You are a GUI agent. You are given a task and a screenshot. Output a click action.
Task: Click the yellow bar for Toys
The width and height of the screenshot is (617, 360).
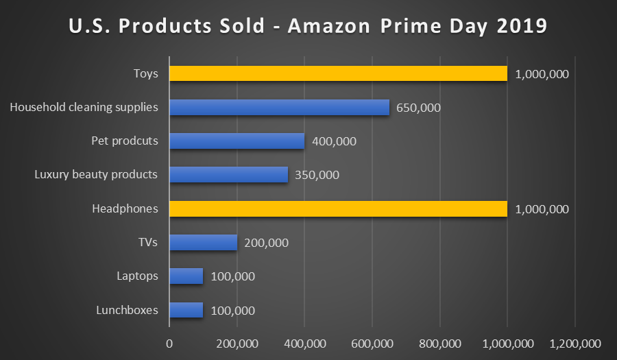(x=338, y=73)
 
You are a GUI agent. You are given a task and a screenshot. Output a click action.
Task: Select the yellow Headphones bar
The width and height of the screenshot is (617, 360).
(x=338, y=208)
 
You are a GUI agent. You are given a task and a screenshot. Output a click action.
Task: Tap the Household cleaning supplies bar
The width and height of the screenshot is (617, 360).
(x=279, y=107)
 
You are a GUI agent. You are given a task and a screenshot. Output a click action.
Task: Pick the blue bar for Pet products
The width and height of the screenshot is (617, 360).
(x=237, y=141)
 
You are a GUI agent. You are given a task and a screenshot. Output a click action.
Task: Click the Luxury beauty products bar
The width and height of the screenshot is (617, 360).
(x=228, y=175)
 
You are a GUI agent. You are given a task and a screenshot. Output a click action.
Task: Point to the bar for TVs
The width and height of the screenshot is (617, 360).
(x=203, y=242)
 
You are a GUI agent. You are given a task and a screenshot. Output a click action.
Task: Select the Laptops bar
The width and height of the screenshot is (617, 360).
(x=186, y=276)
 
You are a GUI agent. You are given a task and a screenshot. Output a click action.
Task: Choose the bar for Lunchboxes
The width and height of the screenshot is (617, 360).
(x=186, y=310)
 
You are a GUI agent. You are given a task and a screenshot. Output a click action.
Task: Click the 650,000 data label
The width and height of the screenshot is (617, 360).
(x=418, y=108)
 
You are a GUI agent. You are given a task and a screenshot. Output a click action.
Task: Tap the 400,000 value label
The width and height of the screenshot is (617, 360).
(x=334, y=141)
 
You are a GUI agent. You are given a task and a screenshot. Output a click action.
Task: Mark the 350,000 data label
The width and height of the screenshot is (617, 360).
(x=317, y=175)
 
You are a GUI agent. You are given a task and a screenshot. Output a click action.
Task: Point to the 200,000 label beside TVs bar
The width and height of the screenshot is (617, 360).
(x=266, y=243)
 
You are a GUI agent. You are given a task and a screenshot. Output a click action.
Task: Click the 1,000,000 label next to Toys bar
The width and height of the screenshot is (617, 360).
(x=542, y=74)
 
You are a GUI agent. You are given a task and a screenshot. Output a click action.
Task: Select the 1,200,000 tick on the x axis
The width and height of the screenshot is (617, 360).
(x=574, y=344)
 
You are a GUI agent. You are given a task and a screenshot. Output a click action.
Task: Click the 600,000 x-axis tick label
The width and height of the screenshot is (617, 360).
(x=372, y=344)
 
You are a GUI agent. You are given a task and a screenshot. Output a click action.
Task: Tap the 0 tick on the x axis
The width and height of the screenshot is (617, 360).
(x=169, y=344)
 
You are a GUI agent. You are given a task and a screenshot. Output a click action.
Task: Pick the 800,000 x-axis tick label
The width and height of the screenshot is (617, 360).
(x=439, y=344)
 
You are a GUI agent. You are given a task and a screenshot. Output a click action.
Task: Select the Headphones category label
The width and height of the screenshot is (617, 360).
(x=125, y=208)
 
